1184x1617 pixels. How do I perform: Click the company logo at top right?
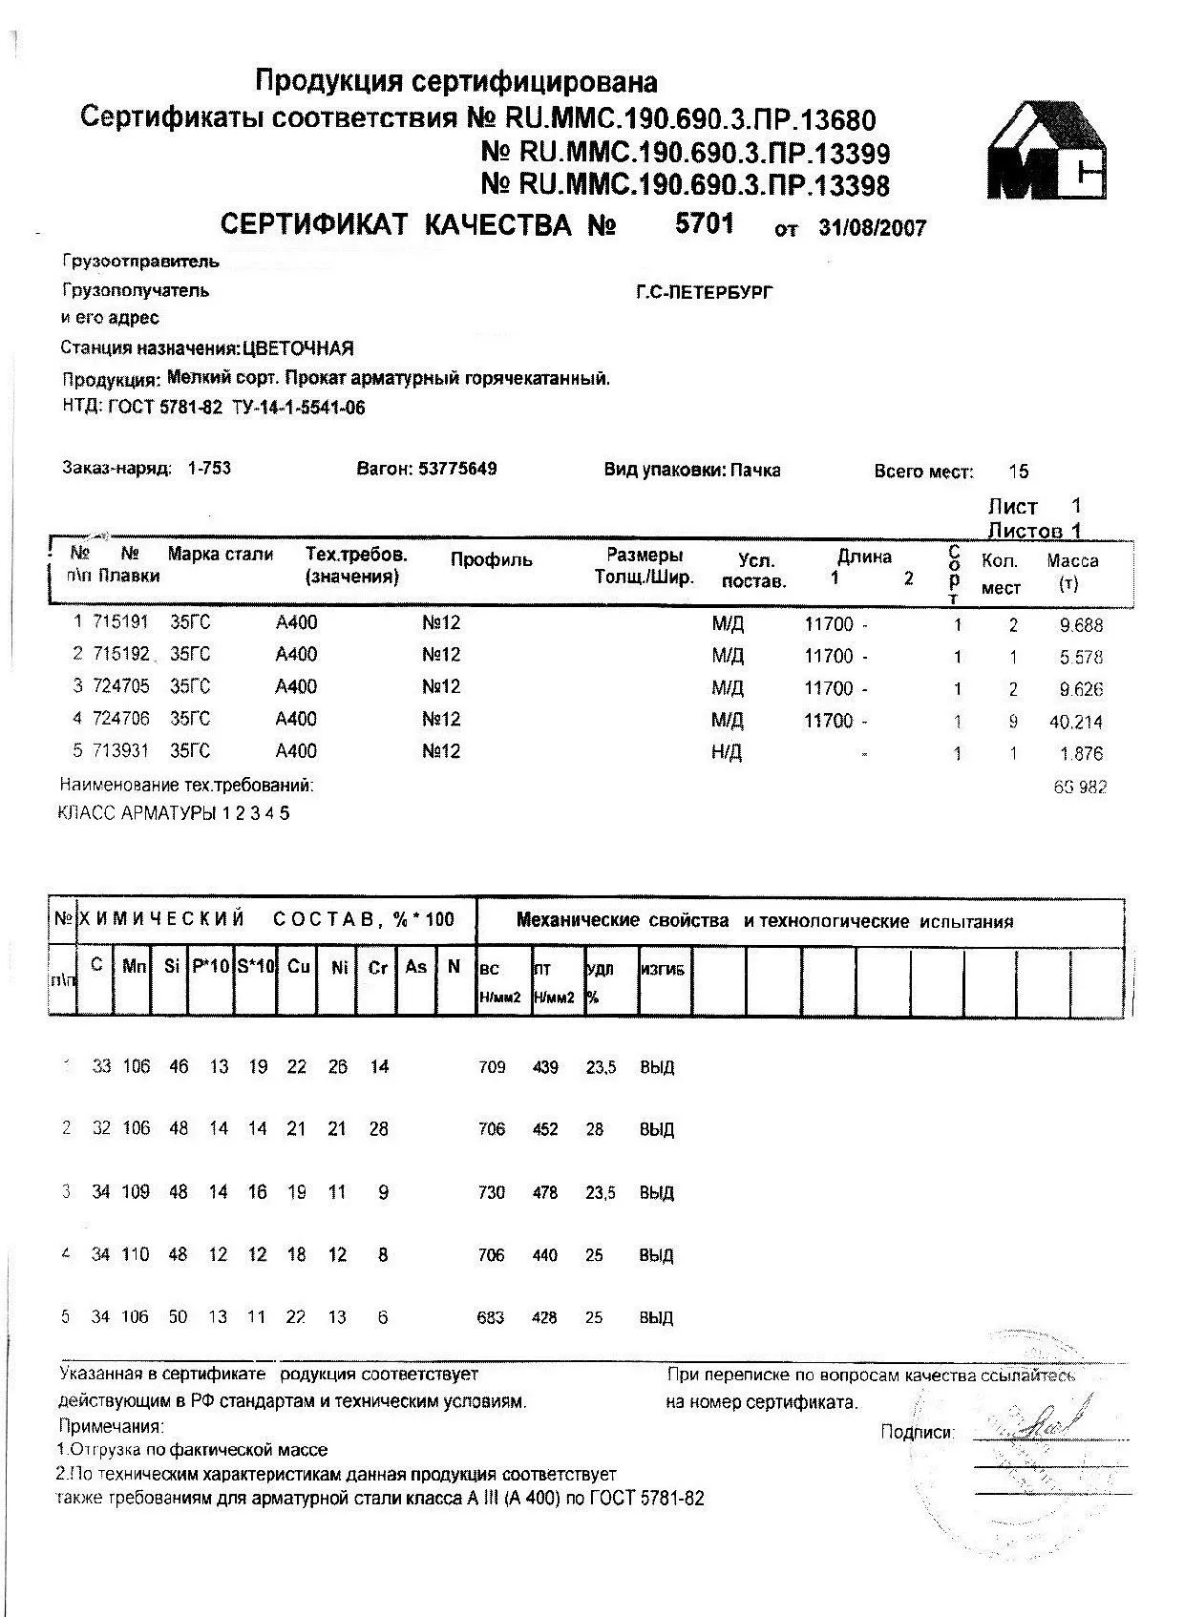tap(1047, 152)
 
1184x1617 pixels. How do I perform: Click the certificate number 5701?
tap(705, 223)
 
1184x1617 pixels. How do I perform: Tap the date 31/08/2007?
tap(872, 228)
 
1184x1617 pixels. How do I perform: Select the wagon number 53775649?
tap(457, 469)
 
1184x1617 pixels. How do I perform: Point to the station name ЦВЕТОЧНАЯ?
tap(298, 347)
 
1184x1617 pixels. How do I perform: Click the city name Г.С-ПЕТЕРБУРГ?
tap(705, 292)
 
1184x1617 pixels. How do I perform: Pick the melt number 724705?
tap(120, 687)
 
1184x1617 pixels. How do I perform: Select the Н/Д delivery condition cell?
tap(727, 752)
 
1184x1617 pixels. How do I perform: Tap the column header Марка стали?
tap(221, 555)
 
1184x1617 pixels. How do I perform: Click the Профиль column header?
tap(491, 560)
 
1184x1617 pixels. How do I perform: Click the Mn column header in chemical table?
tap(135, 966)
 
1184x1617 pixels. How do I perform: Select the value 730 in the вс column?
tap(491, 1192)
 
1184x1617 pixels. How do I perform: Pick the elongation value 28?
tap(595, 1129)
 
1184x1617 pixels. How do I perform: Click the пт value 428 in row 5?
tap(544, 1318)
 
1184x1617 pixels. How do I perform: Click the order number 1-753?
tap(210, 469)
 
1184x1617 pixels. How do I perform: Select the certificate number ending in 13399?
tap(686, 153)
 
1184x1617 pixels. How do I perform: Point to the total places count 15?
tap(1019, 472)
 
